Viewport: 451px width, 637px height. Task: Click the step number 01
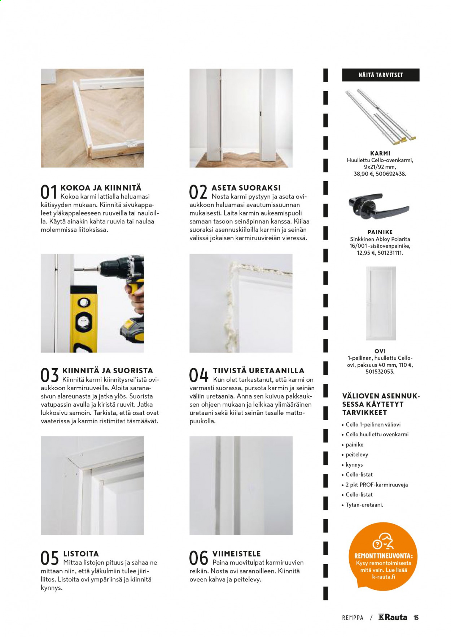(x=49, y=192)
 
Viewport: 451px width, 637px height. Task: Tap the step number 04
(x=199, y=375)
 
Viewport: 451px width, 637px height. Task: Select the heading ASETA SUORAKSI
(x=246, y=188)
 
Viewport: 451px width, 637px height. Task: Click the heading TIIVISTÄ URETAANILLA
(x=259, y=370)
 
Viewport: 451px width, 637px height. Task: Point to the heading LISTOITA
(x=81, y=554)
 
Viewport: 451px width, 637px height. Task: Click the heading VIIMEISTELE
(x=236, y=554)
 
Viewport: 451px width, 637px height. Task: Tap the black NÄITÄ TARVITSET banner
(x=381, y=75)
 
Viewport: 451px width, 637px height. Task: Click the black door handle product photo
(x=378, y=208)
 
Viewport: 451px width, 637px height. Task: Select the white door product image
(x=381, y=303)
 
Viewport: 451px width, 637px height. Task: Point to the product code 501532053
(x=380, y=371)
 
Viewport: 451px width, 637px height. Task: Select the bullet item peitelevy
(x=357, y=455)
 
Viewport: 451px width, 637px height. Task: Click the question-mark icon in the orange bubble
(x=377, y=544)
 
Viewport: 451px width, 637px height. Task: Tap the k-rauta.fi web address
(x=384, y=576)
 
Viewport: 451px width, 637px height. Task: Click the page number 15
(x=416, y=618)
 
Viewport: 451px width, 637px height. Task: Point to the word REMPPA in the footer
(x=353, y=618)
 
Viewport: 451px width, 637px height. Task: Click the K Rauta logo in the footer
(x=393, y=617)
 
